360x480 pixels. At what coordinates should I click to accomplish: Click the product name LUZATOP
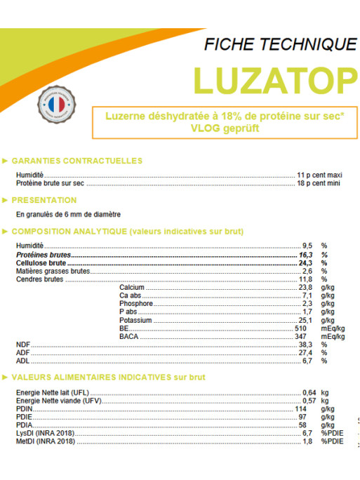tap(274, 81)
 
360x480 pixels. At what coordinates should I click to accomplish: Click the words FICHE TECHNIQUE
tap(279, 45)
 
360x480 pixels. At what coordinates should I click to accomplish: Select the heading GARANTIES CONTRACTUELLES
tap(77, 161)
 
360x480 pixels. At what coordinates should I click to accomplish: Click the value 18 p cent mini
tap(319, 182)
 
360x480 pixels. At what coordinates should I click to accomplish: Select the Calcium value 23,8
tap(305, 287)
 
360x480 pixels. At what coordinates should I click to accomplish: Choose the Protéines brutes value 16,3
tap(305, 254)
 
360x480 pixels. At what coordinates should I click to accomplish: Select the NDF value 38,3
tap(305, 345)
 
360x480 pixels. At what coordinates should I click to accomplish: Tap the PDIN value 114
tap(300, 408)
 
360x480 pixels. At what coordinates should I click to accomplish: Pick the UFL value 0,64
tap(309, 392)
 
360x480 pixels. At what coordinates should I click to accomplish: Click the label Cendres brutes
tap(39, 279)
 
